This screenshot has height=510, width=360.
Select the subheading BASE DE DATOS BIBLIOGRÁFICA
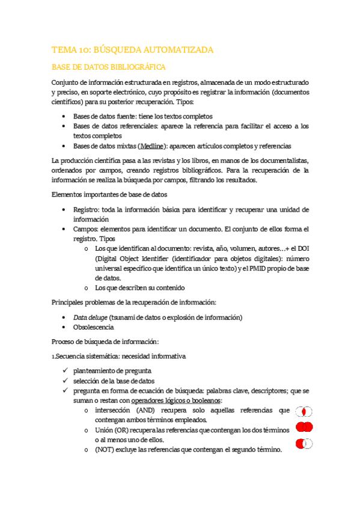click(x=109, y=67)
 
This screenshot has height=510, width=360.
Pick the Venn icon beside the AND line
click(x=305, y=412)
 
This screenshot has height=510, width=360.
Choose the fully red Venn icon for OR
click(x=305, y=428)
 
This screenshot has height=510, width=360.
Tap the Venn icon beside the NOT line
click(x=305, y=444)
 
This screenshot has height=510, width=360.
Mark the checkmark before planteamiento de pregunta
click(x=65, y=370)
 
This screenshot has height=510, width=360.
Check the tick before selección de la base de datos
click(x=65, y=381)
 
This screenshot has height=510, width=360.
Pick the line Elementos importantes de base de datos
click(x=110, y=194)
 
